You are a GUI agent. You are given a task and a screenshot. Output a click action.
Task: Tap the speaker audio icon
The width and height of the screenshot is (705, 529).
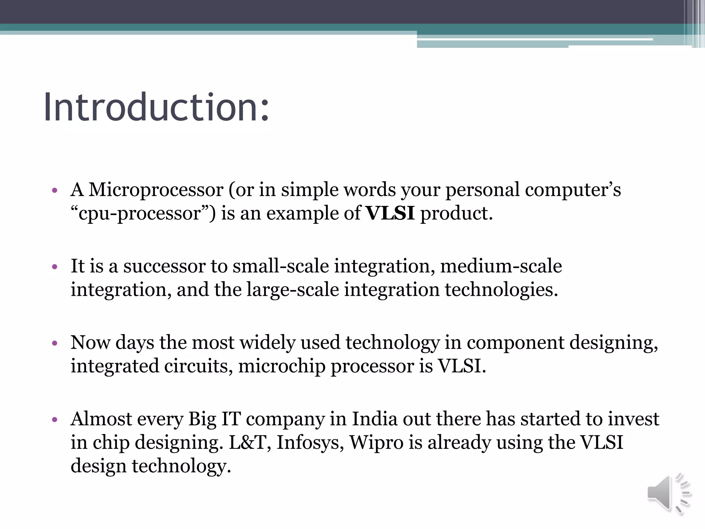tap(669, 494)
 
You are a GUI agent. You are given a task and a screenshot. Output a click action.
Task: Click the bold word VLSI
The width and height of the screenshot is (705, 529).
tap(390, 213)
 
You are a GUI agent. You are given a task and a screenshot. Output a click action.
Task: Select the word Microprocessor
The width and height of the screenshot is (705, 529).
tap(156, 190)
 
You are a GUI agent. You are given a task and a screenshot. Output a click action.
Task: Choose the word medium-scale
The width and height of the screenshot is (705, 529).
tap(501, 266)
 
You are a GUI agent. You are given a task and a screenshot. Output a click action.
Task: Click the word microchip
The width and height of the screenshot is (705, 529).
tap(282, 366)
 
